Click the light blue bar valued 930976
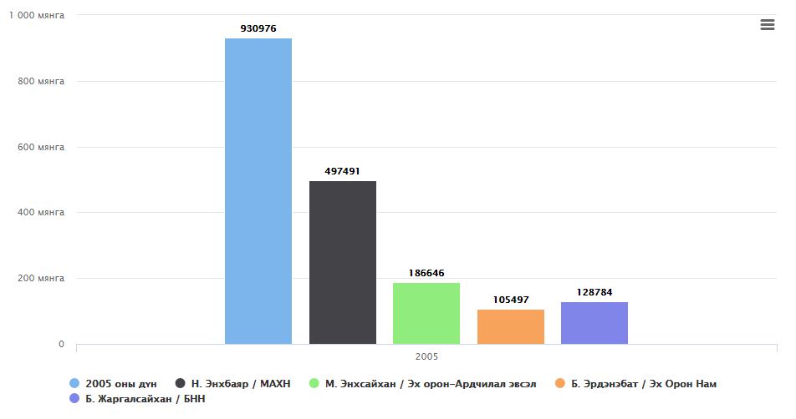pos(258,191)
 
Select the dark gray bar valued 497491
pos(343,262)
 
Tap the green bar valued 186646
pos(426,313)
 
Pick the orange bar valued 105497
pos(511,326)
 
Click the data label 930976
pos(258,28)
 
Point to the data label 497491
pos(343,171)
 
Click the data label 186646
pos(426,273)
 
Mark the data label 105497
pos(511,300)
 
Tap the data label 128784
pos(594,292)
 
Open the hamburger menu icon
pos(768,25)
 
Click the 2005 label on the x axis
pos(426,356)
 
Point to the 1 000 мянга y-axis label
pos(36,16)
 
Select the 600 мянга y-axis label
pos(41,147)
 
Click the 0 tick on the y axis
pos(60,344)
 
